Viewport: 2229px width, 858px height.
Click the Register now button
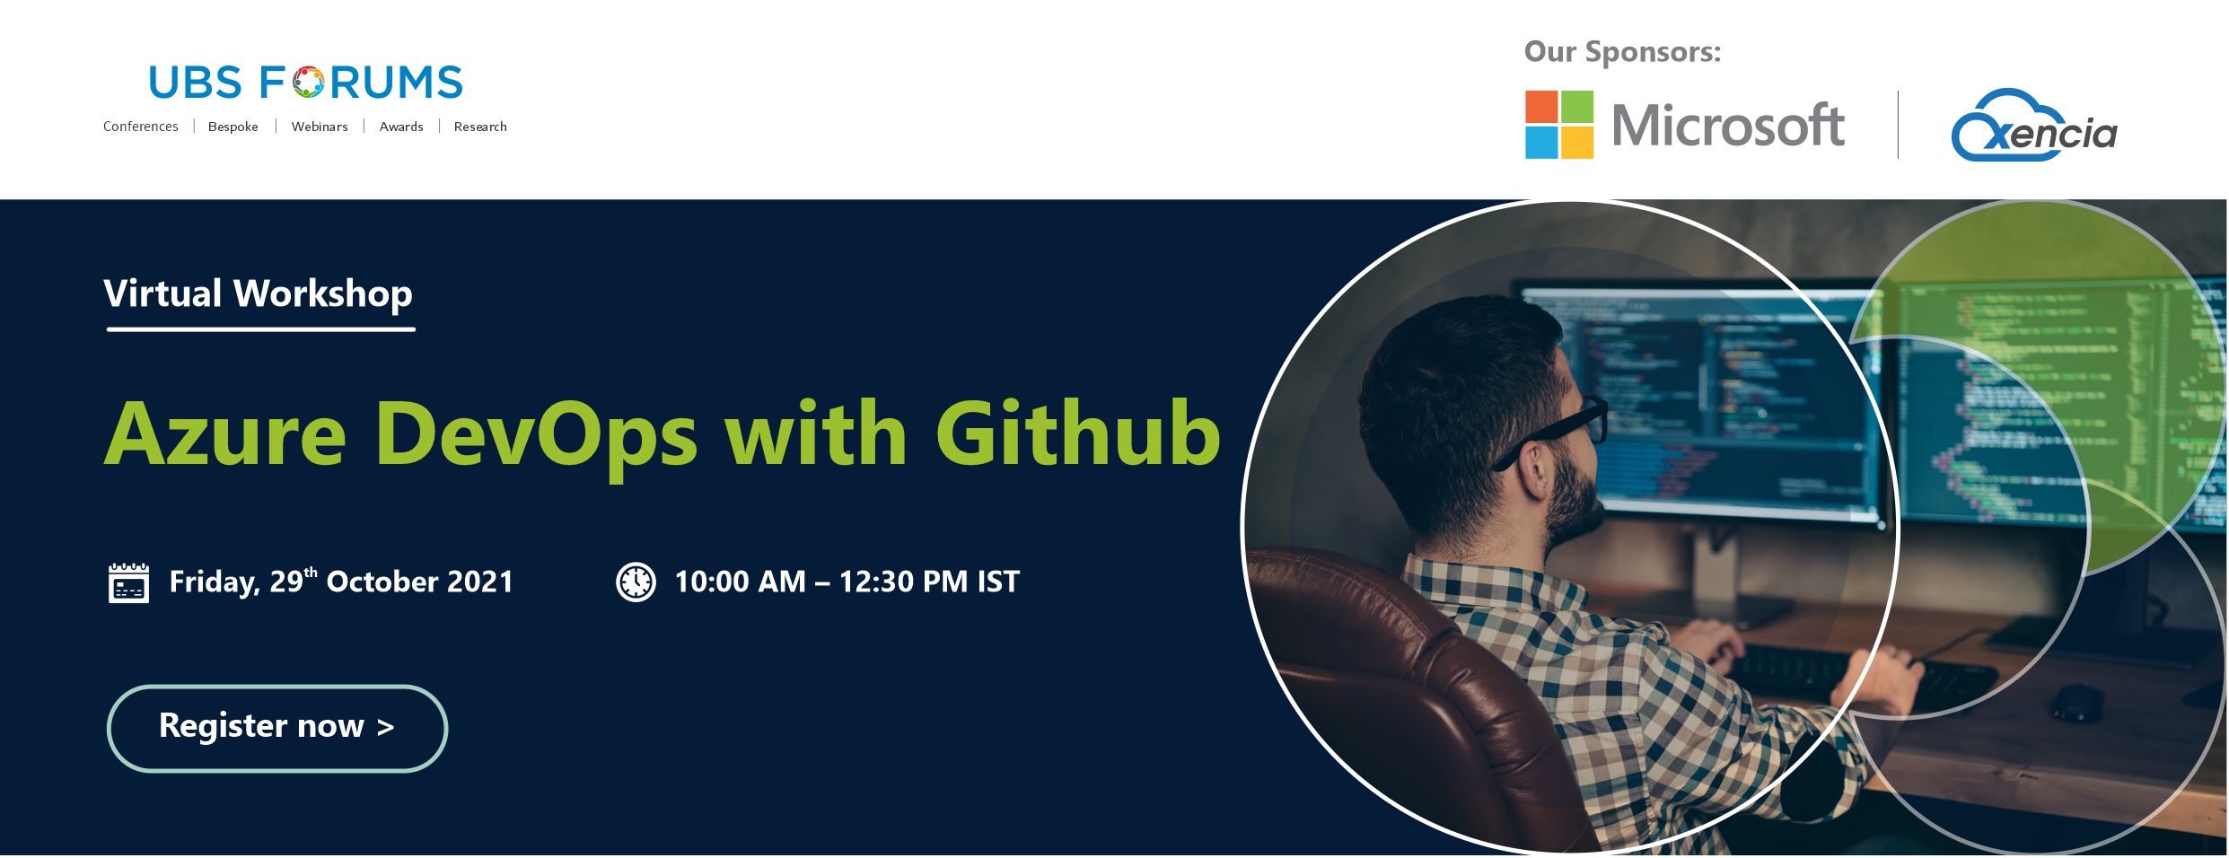(x=277, y=728)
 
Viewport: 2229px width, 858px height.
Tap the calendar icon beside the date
(x=128, y=582)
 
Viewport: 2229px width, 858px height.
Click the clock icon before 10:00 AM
(x=636, y=582)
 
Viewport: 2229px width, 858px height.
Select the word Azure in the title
(x=225, y=434)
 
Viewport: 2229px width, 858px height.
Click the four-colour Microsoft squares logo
(x=1559, y=125)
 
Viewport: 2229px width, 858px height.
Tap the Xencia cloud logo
(x=2033, y=126)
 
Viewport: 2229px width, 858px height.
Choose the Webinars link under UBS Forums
(x=320, y=127)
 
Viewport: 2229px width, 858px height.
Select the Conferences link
(x=141, y=127)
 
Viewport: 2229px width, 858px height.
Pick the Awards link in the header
(x=401, y=127)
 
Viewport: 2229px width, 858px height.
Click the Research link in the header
(x=480, y=127)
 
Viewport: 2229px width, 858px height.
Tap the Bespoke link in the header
(x=233, y=127)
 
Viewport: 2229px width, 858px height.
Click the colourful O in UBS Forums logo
(x=308, y=83)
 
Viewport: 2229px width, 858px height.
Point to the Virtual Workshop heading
(x=259, y=293)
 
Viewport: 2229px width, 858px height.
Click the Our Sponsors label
(x=1622, y=52)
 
